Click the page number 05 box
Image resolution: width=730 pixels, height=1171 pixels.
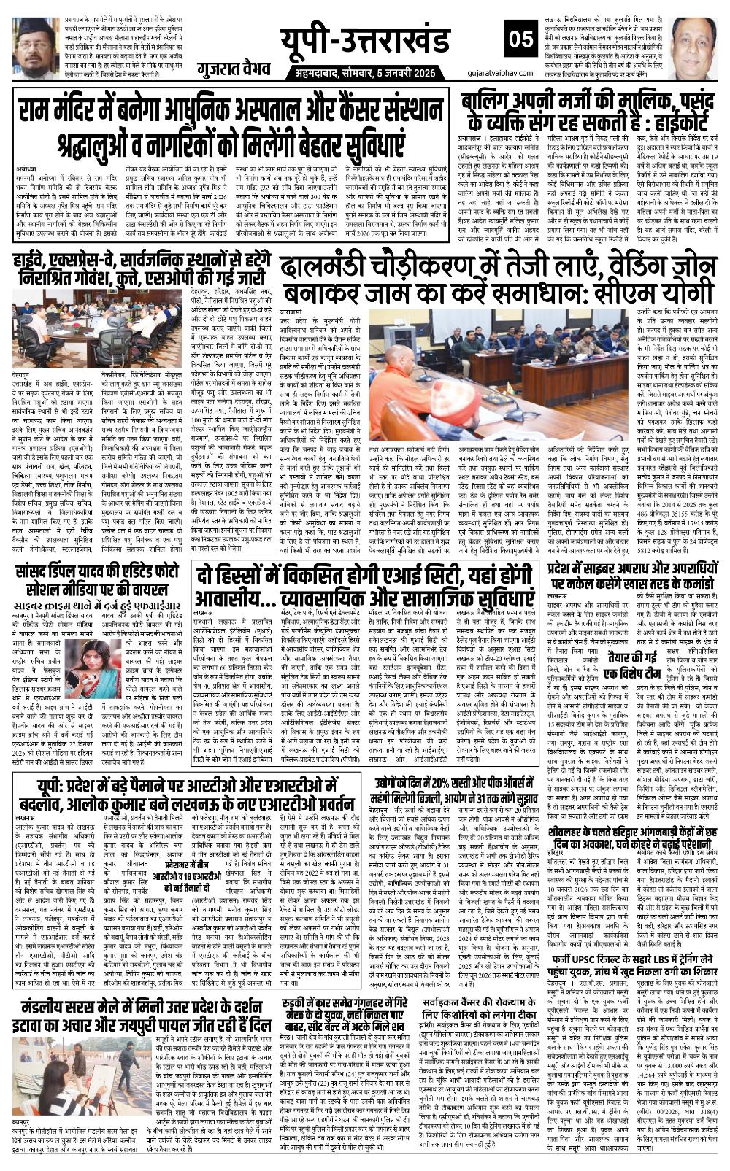tap(523, 38)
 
